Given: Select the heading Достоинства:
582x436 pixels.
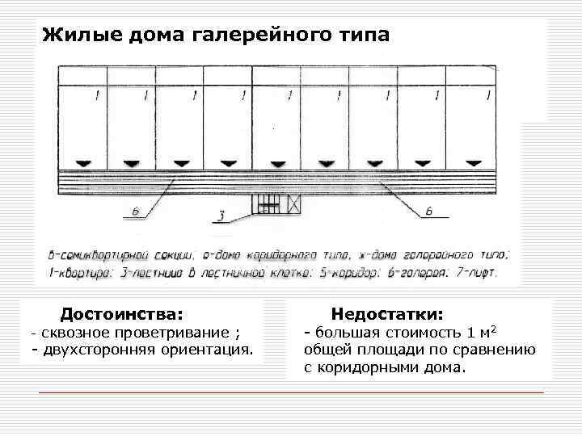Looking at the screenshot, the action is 122,312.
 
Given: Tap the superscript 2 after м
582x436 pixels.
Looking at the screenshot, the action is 494,329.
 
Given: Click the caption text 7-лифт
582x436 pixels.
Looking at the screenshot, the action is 479,272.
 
